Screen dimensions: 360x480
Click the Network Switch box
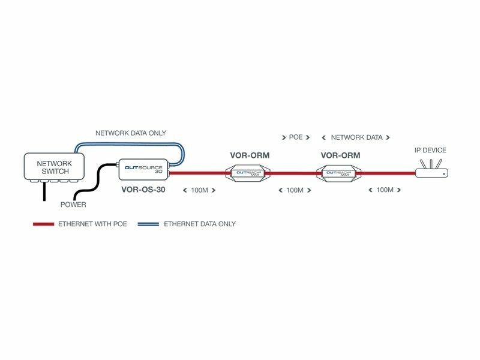click(55, 167)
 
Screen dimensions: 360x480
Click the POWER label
click(73, 205)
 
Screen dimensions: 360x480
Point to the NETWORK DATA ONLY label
click(131, 133)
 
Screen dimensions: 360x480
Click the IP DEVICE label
click(431, 150)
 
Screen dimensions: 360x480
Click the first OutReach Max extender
click(250, 174)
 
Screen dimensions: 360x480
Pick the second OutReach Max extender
click(340, 174)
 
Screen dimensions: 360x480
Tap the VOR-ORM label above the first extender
click(250, 155)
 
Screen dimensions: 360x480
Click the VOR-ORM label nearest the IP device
click(340, 155)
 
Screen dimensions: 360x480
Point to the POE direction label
click(296, 137)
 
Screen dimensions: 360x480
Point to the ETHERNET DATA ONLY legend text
click(200, 224)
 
